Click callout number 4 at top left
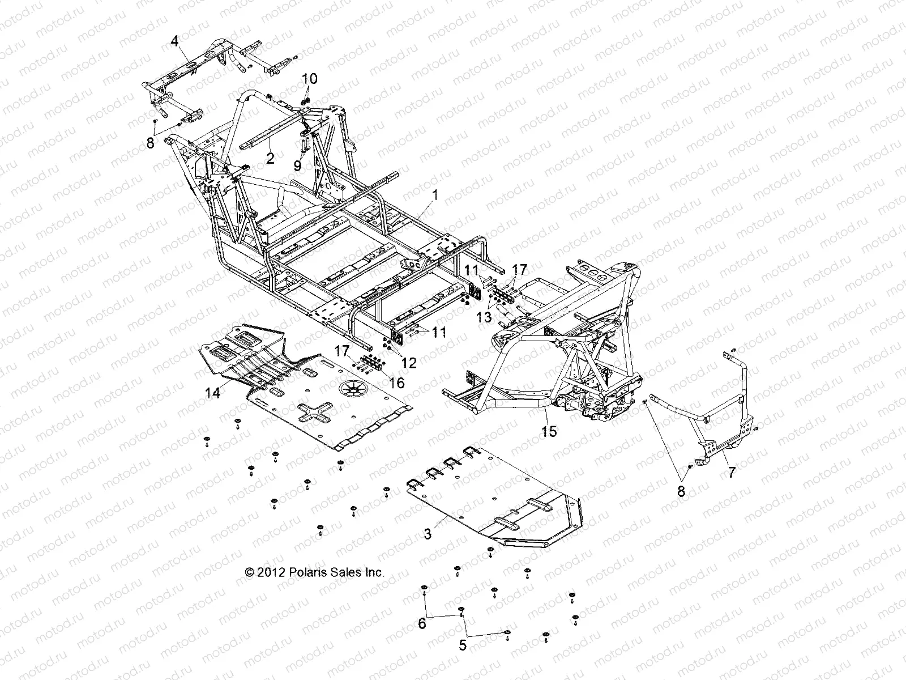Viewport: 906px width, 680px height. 174,41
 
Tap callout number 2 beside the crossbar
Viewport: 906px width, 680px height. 270,158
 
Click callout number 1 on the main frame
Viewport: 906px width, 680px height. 435,195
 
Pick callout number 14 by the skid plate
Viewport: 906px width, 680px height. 212,393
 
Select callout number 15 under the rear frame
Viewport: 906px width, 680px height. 549,431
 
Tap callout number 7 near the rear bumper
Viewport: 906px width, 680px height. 731,472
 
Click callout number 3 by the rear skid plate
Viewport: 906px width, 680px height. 428,533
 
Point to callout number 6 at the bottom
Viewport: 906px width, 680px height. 422,624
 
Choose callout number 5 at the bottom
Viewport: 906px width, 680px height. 463,645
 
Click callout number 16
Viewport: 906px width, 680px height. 397,382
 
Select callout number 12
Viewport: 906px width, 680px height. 408,361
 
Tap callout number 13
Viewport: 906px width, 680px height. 484,318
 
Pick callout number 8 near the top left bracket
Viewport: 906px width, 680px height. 150,143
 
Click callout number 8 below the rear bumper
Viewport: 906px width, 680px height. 681,491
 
